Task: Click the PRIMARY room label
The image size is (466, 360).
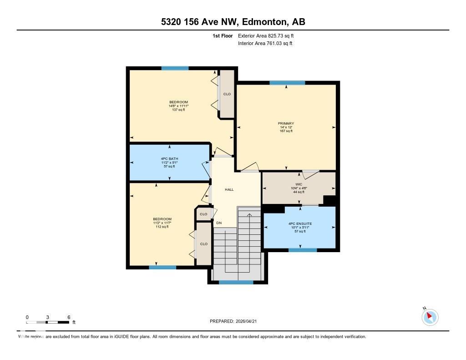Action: (x=286, y=123)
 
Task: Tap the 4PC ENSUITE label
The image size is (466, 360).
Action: (x=299, y=223)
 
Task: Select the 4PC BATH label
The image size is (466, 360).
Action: (x=169, y=158)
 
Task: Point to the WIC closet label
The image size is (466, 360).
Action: (x=299, y=184)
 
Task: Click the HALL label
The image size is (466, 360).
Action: (x=229, y=189)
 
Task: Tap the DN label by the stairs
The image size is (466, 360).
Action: (x=219, y=223)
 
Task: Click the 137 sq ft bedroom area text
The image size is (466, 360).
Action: (x=178, y=110)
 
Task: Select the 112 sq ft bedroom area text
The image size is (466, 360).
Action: (x=162, y=227)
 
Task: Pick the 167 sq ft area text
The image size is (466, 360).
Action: (x=286, y=131)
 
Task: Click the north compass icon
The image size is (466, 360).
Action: (x=430, y=317)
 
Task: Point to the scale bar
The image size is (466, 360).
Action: (x=48, y=322)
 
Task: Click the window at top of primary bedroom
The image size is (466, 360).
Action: (x=287, y=83)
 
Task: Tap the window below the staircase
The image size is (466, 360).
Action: (x=236, y=282)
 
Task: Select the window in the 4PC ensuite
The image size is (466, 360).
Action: (x=302, y=250)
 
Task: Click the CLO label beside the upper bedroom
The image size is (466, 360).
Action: (x=227, y=94)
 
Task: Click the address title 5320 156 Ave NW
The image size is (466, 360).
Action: (x=233, y=22)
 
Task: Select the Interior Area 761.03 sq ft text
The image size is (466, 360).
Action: (x=265, y=43)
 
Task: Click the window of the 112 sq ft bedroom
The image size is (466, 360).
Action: (x=162, y=267)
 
